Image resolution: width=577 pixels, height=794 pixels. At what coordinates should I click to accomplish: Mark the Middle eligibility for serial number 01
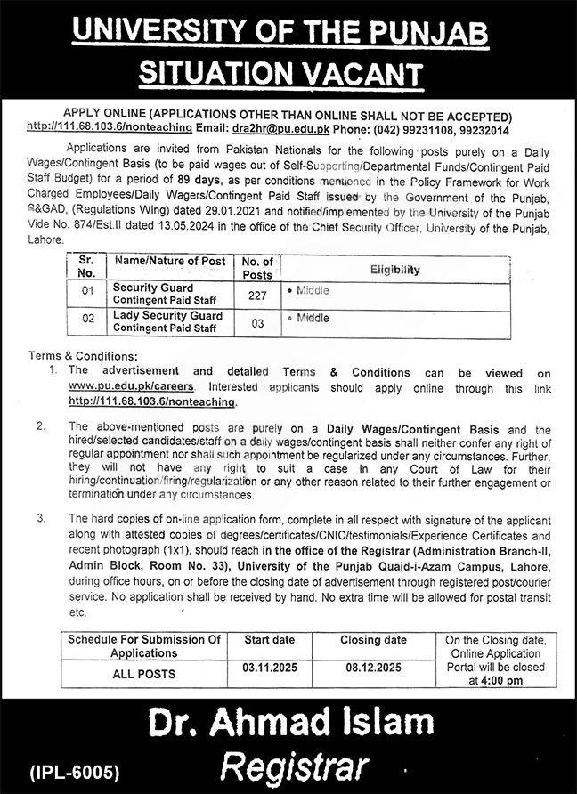[312, 291]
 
